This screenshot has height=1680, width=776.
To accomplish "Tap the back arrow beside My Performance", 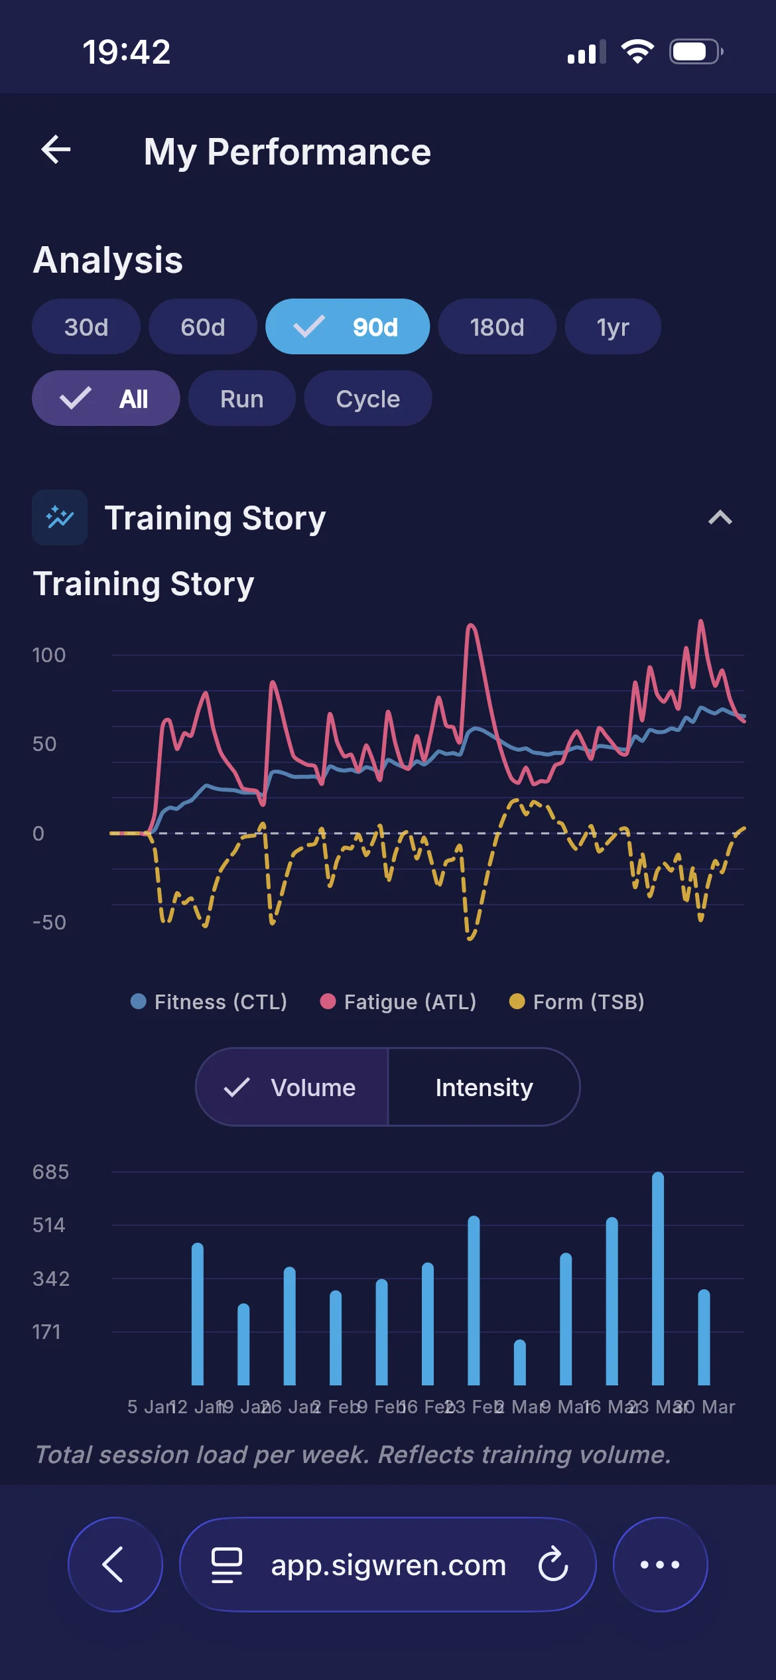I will (56, 150).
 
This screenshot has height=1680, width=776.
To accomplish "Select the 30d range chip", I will (86, 327).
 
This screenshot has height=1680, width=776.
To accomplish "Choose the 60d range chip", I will (203, 327).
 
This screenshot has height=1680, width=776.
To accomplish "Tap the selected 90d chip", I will (348, 327).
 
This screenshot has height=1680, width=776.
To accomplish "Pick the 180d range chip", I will (497, 327).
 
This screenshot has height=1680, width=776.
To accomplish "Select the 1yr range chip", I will (612, 327).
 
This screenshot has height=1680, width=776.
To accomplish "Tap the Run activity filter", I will (241, 399).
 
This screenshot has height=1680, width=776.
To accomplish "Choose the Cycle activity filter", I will (367, 399).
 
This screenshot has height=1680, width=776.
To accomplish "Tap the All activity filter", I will (106, 399).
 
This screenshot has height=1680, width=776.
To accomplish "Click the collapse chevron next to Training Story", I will (720, 518).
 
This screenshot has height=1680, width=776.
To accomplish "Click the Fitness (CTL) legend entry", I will (210, 1002).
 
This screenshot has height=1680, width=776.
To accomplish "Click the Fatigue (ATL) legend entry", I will (398, 1002).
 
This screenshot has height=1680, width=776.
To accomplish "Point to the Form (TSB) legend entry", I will (577, 1002).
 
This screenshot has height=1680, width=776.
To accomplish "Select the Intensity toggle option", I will (484, 1087).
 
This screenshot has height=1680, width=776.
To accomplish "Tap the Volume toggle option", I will (292, 1087).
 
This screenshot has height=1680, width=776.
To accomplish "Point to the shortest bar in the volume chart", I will (520, 1363).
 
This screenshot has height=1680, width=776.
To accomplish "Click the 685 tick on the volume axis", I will (50, 1172).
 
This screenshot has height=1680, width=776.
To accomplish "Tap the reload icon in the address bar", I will (553, 1565).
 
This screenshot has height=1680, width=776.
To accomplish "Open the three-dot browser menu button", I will (660, 1565).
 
